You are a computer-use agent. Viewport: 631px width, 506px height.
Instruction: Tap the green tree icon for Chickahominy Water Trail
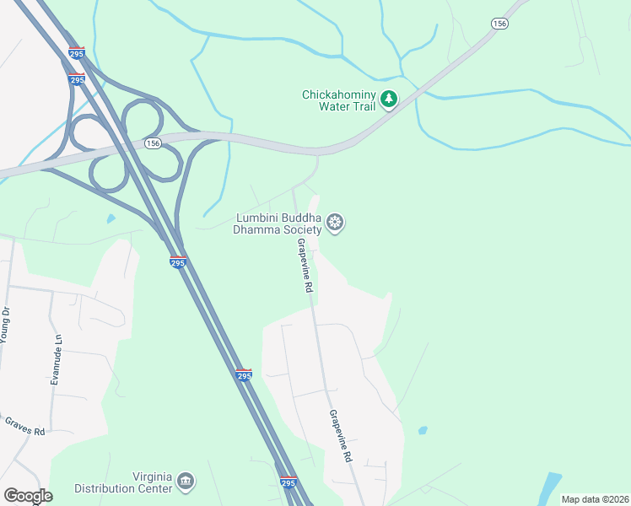tap(389, 100)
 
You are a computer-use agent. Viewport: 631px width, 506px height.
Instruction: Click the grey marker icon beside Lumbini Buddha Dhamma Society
tap(335, 223)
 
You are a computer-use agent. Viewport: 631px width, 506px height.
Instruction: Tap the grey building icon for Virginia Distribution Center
tap(186, 482)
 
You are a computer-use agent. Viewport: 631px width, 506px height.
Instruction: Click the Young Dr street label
tap(5, 324)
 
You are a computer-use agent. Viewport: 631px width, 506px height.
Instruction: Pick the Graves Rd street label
tap(24, 426)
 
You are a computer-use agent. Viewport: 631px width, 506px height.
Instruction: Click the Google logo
tap(28, 496)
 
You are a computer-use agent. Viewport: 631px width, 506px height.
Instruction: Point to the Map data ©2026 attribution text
tap(594, 499)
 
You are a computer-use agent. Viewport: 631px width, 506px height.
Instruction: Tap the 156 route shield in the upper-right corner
tap(499, 24)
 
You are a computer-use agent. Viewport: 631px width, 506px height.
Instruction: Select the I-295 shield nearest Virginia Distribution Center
tap(289, 482)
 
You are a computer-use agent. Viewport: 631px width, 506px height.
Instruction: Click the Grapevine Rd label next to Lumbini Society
tap(305, 265)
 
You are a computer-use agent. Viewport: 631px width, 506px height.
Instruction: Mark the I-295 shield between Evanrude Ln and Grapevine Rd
tap(243, 375)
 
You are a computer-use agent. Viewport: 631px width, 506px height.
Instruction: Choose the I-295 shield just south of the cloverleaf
tap(177, 262)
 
